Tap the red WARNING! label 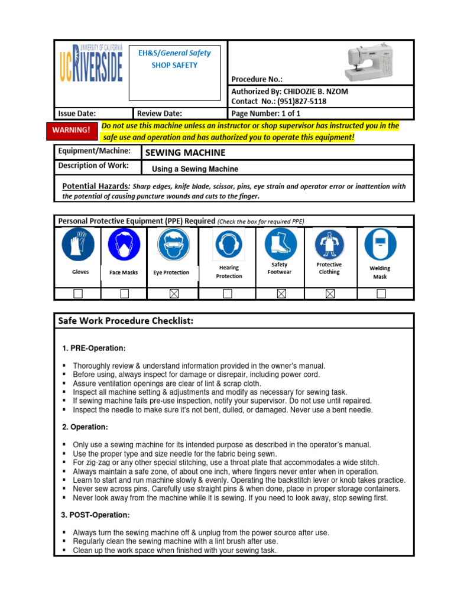coord(71,130)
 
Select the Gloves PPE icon coord(77,245)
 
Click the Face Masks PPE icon coord(124,245)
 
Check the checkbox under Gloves coord(77,294)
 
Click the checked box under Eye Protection coord(173,294)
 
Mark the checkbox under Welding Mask coord(381,294)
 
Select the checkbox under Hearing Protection coord(228,294)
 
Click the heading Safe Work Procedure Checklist coord(125,321)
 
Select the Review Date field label coord(160,113)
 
